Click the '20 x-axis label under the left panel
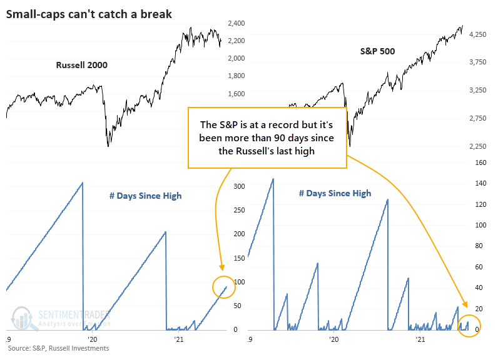93,339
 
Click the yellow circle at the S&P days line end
469,326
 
